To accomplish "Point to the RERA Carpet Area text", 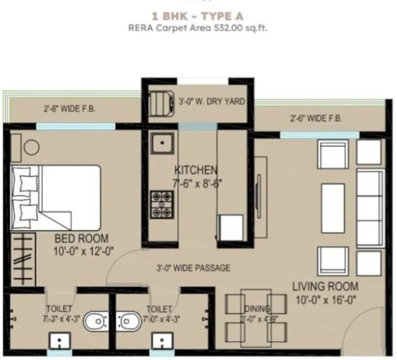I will coord(199,28).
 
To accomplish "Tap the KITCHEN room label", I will coord(196,170).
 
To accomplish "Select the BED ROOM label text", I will coord(81,239).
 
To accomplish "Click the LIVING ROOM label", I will coord(325,286).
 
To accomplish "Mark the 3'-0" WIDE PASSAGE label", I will coord(193,268).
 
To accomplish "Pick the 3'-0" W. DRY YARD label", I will coord(211,102).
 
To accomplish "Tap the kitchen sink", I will coord(160,143).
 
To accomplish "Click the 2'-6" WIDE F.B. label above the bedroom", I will coord(70,109).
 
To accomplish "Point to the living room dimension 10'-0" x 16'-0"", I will coord(325,298).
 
